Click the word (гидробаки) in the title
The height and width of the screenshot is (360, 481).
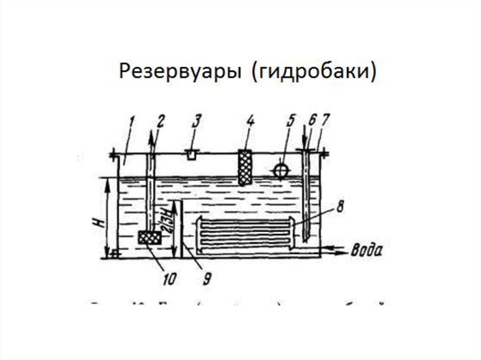pyautogui.click(x=314, y=73)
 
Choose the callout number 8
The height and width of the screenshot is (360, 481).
pyautogui.click(x=341, y=207)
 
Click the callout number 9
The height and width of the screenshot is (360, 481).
pyautogui.click(x=206, y=280)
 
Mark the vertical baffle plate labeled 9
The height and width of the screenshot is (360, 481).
pyautogui.click(x=181, y=230)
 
